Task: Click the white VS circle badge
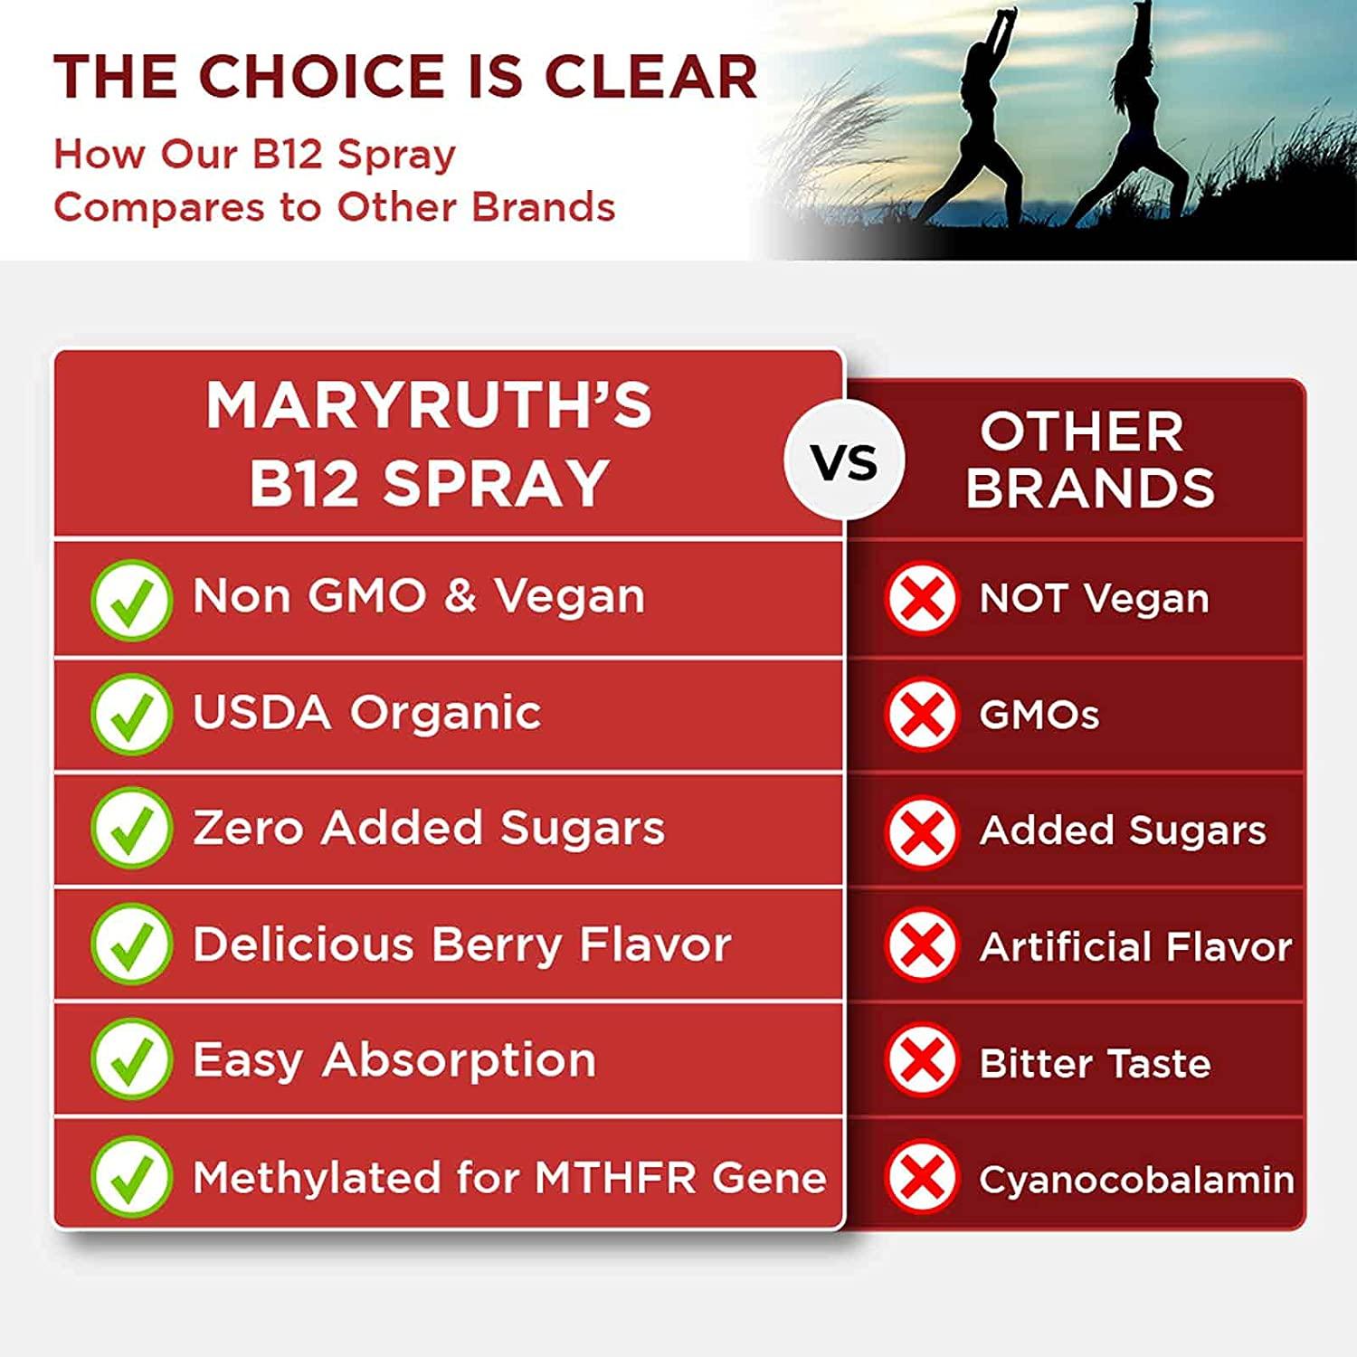844,461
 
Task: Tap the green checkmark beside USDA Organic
131,714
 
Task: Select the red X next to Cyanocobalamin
921,1176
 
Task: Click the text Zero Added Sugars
429,828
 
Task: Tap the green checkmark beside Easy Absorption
131,1058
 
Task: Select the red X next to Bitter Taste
921,1060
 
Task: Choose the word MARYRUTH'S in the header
429,404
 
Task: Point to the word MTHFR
615,1177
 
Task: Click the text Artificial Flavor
1135,946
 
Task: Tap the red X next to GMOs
921,715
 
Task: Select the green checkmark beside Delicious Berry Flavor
131,944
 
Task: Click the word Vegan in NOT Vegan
1146,599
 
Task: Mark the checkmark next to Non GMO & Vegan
131,599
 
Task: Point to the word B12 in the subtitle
287,154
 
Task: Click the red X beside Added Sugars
921,830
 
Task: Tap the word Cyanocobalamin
1136,1179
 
